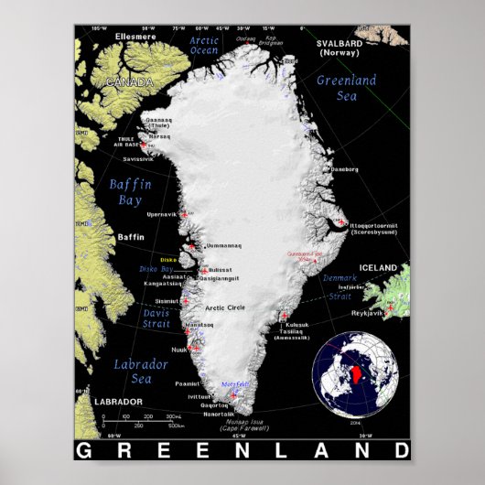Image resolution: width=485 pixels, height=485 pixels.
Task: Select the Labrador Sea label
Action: tap(140, 372)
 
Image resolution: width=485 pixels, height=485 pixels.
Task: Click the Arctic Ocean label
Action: tap(203, 46)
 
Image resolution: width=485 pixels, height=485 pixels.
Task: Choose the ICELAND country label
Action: tap(378, 267)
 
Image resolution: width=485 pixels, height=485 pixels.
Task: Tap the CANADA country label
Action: tap(130, 82)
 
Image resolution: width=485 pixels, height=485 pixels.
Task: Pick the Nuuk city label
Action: tap(179, 350)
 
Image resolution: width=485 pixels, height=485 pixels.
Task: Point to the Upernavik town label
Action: tap(161, 213)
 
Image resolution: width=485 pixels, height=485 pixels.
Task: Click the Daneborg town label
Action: tap(344, 170)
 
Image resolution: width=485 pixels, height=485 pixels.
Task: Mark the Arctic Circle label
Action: tap(227, 307)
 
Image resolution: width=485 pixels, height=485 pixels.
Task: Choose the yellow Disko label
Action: tap(168, 259)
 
